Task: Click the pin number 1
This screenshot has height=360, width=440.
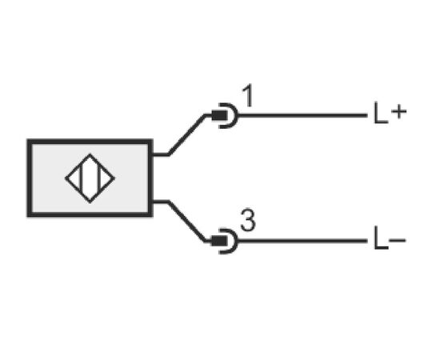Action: point(248,96)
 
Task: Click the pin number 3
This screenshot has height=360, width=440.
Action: point(248,221)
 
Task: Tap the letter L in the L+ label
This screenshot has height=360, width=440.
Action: point(381,113)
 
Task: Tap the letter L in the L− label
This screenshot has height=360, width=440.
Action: point(381,238)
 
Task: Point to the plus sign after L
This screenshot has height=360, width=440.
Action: point(398,112)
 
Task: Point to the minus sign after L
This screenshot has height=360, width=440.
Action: point(398,240)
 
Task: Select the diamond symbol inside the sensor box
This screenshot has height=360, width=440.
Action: point(90,178)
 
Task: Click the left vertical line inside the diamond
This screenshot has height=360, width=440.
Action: point(82,178)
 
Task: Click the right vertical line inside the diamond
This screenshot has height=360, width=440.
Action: point(98,178)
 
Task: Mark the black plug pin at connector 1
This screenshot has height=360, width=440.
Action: point(219,115)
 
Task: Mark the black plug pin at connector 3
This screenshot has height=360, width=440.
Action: point(219,241)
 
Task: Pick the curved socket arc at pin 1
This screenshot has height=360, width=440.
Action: point(236,115)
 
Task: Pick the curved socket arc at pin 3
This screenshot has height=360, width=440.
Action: point(236,241)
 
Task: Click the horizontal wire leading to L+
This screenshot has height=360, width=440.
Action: point(302,115)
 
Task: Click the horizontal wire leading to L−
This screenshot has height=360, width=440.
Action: point(302,241)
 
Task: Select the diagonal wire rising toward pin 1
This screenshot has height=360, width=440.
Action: point(186,134)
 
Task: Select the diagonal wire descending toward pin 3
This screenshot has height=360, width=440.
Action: point(186,221)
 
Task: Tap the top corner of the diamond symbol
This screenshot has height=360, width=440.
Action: point(90,154)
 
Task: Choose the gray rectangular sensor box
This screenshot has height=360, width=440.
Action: point(90,178)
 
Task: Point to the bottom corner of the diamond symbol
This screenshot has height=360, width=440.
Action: point(90,202)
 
